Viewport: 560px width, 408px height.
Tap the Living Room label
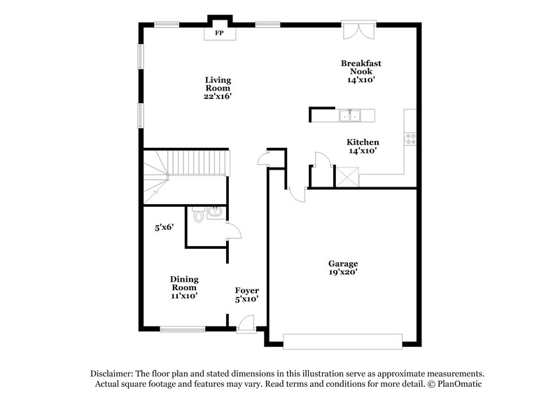pyautogui.click(x=218, y=84)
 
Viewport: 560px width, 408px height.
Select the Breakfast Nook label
pyautogui.click(x=361, y=67)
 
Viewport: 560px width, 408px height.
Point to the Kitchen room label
pyautogui.click(x=363, y=142)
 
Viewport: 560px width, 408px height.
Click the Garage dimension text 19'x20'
pyautogui.click(x=344, y=272)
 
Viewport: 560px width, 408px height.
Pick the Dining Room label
pyautogui.click(x=183, y=283)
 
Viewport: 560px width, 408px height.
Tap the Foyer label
pyautogui.click(x=246, y=290)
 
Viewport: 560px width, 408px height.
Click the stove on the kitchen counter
pyautogui.click(x=410, y=139)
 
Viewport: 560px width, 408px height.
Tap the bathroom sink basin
pyautogui.click(x=213, y=211)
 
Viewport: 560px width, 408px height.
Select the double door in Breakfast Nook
pyautogui.click(x=358, y=32)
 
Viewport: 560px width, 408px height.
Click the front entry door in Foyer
pyautogui.click(x=246, y=324)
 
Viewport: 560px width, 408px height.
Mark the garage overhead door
pyautogui.click(x=343, y=341)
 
